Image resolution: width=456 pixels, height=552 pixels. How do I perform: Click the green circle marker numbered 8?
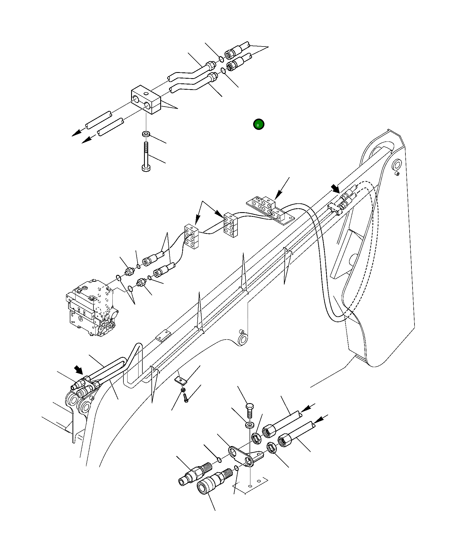tap(258, 124)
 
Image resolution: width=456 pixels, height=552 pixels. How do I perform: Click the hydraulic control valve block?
tap(91, 308)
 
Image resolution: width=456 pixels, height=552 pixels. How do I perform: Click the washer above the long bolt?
tap(146, 134)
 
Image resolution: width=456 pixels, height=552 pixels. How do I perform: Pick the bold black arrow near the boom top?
tap(335, 189)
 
